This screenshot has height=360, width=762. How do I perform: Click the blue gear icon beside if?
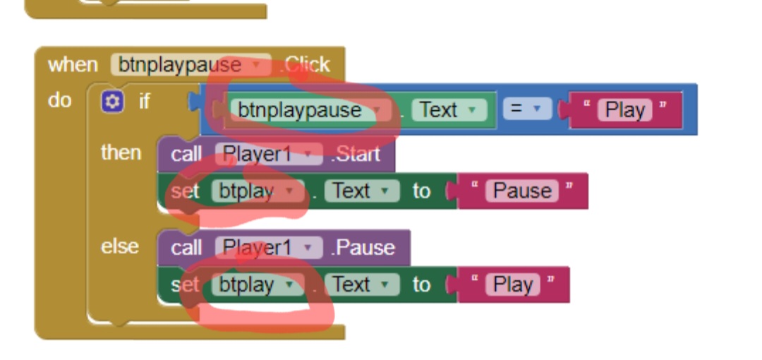tap(111, 102)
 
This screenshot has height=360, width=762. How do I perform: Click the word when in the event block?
tap(73, 66)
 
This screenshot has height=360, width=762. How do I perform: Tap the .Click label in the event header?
tap(304, 66)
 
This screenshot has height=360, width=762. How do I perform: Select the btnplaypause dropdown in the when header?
tap(190, 66)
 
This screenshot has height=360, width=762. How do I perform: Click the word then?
tap(121, 152)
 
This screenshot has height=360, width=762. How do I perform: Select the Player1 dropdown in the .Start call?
tap(267, 154)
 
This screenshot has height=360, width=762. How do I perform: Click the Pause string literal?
tap(521, 191)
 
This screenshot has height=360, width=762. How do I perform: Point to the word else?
tap(119, 246)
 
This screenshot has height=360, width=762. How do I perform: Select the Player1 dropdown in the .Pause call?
tap(267, 248)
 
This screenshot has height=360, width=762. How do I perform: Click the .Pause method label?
tap(363, 248)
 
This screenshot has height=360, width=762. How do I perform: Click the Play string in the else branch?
tap(512, 284)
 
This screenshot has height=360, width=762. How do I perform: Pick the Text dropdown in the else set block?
tap(361, 284)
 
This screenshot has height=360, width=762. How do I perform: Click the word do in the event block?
tap(60, 100)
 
